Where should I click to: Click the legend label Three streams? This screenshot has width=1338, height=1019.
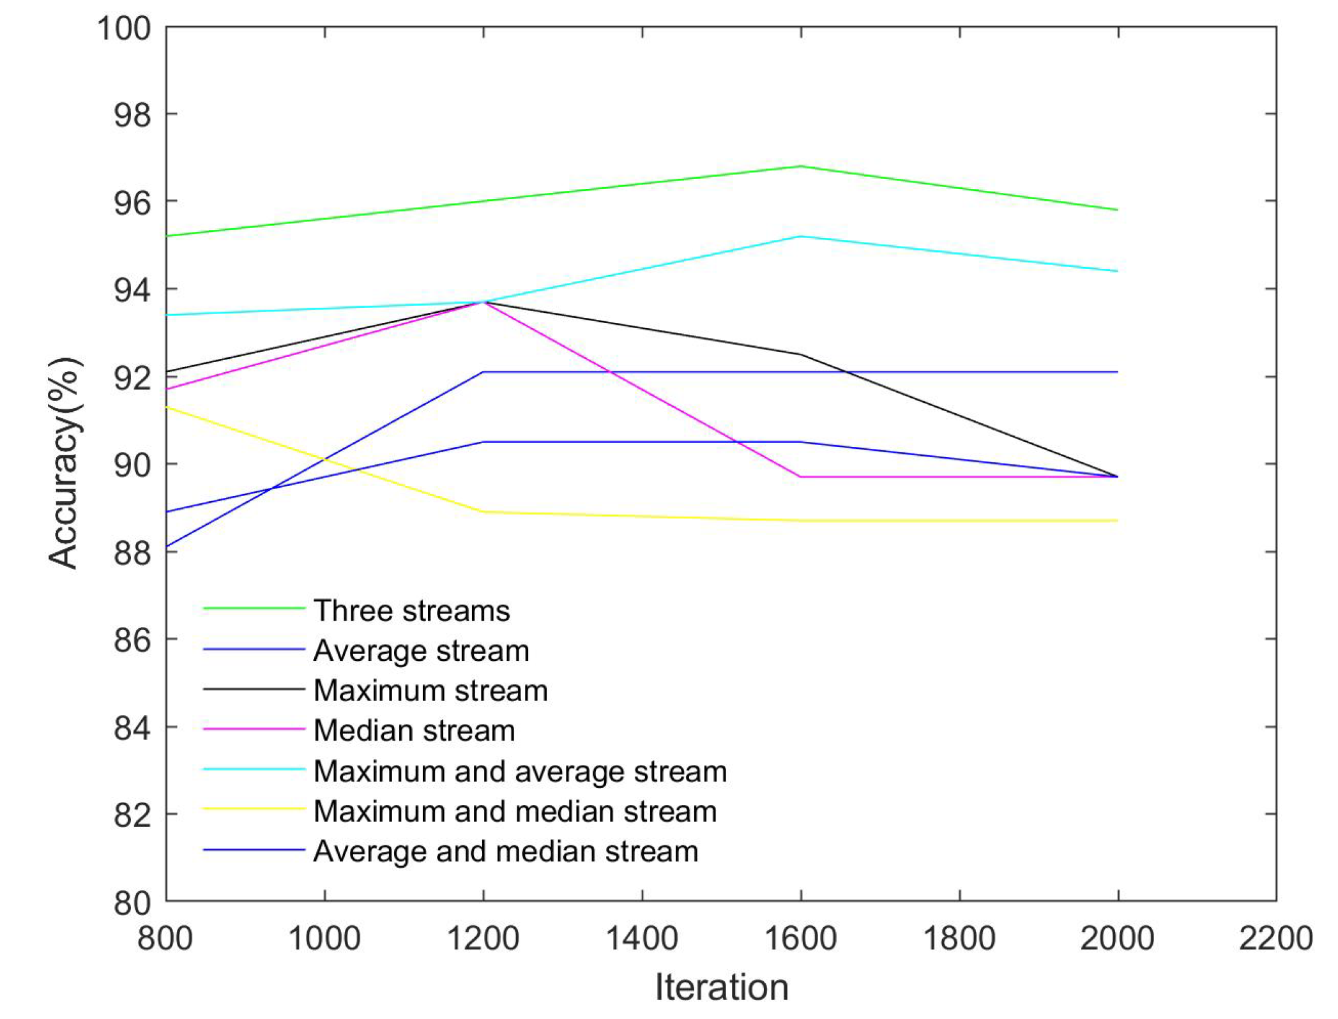click(x=411, y=611)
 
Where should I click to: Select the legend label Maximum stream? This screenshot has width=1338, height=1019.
click(x=430, y=691)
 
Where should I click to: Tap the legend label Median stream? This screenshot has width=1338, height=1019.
click(x=414, y=730)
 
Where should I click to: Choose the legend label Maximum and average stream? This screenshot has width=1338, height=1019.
click(x=520, y=771)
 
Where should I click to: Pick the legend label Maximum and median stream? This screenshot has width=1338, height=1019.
click(x=515, y=811)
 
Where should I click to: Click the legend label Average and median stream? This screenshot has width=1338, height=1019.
click(x=506, y=852)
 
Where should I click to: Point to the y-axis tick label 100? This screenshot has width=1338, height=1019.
click(x=124, y=29)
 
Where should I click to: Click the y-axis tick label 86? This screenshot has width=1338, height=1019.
click(x=132, y=640)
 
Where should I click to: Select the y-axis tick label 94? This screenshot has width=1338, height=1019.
click(x=132, y=291)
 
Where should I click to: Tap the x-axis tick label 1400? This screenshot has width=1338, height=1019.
click(x=641, y=939)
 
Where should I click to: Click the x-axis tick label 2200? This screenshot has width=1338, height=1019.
click(x=1275, y=939)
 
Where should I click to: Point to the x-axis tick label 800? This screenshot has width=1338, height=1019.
click(x=165, y=939)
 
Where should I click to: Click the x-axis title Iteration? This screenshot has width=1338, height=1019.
click(x=721, y=987)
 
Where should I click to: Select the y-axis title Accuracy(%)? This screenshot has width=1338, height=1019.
click(x=63, y=464)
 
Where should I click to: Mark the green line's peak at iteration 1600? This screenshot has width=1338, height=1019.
click(x=800, y=166)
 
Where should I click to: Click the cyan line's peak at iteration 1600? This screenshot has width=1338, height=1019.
click(x=800, y=236)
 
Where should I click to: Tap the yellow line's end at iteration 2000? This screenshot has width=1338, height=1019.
click(x=1117, y=520)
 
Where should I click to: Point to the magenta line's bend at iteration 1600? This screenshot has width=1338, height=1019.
click(x=800, y=476)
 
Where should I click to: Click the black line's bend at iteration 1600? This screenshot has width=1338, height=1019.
click(x=800, y=354)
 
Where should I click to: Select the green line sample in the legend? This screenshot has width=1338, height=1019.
click(x=254, y=608)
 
